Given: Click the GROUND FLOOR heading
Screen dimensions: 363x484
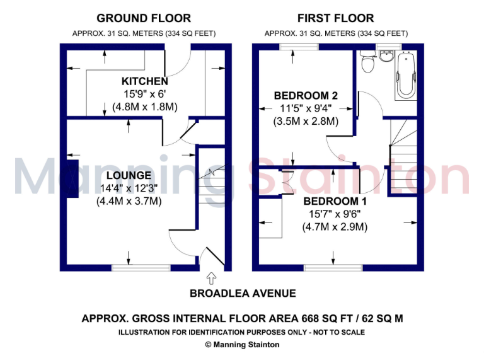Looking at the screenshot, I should tap(144, 18).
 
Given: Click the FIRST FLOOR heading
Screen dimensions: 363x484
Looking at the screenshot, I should tap(335, 18).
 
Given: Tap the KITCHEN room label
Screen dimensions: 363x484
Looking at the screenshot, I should tap(145, 81).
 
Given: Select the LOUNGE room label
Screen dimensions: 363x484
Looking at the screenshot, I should tap(129, 175).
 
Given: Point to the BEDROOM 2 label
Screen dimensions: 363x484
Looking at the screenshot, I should tap(306, 96).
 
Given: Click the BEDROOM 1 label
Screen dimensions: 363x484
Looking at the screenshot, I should tap(335, 201).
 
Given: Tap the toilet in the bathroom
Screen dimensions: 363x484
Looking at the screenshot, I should tap(368, 63).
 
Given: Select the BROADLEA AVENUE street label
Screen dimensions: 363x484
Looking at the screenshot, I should tap(243, 294).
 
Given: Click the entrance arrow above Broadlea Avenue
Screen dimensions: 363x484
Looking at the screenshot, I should tap(210, 277).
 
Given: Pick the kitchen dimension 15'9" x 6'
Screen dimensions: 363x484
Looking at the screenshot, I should tap(145, 95).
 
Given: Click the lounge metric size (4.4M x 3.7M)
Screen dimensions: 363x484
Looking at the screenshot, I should tap(129, 202).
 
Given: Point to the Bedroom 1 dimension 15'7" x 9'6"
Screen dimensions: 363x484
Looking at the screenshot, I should tap(335, 214).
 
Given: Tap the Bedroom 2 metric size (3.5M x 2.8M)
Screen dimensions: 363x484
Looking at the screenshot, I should tap(306, 122).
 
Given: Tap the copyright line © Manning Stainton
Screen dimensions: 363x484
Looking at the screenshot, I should tap(242, 345).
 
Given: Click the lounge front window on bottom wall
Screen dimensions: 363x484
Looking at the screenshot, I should tap(141, 268).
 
